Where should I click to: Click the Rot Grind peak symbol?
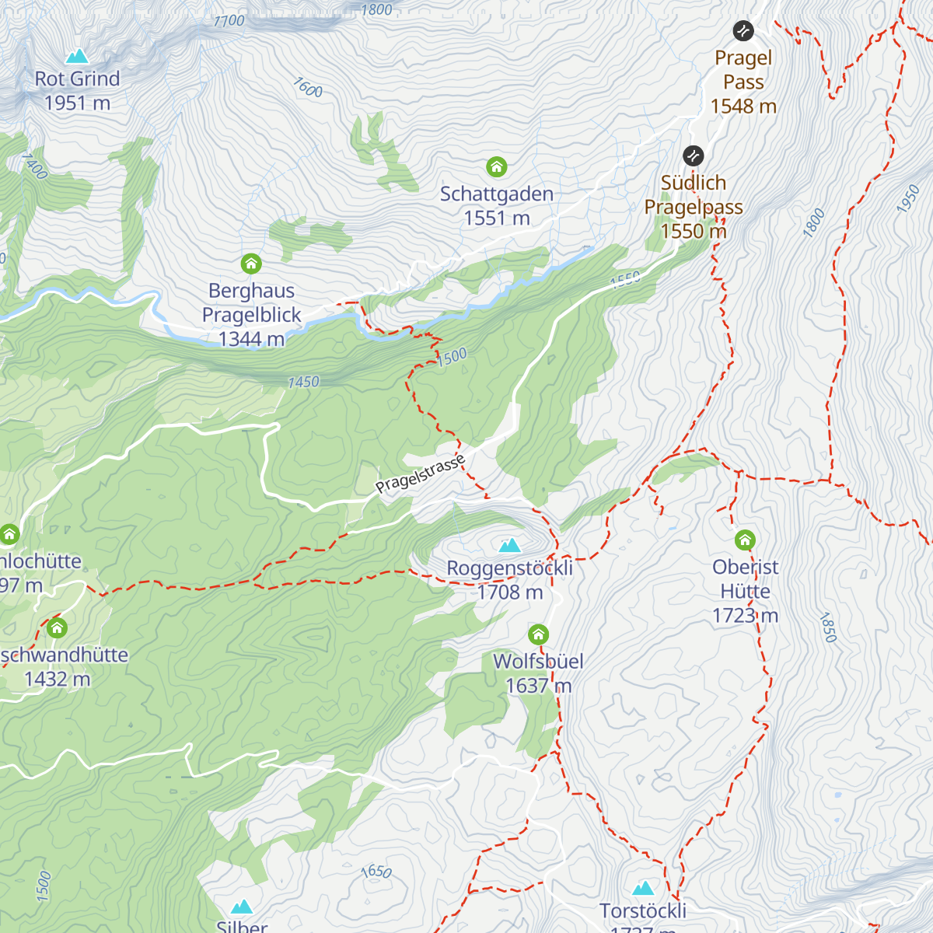[76, 56]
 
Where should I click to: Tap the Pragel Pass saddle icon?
[743, 31]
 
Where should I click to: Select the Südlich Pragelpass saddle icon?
[693, 155]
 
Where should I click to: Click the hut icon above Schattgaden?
[497, 166]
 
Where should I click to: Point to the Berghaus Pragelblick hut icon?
[251, 264]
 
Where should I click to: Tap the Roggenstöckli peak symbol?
[509, 545]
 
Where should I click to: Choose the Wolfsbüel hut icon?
[538, 634]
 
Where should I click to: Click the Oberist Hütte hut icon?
[745, 540]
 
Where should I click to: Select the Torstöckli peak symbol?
[643, 888]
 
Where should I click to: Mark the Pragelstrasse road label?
[420, 474]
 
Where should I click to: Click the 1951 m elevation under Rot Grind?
[77, 103]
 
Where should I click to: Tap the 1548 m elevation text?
[743, 107]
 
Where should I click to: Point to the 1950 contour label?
[907, 199]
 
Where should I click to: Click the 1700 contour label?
[229, 21]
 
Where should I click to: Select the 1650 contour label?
[376, 871]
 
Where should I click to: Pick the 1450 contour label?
[303, 382]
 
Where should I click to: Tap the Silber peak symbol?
[243, 907]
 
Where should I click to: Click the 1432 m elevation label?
[57, 679]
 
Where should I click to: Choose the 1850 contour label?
[827, 627]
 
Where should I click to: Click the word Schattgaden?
[497, 194]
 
